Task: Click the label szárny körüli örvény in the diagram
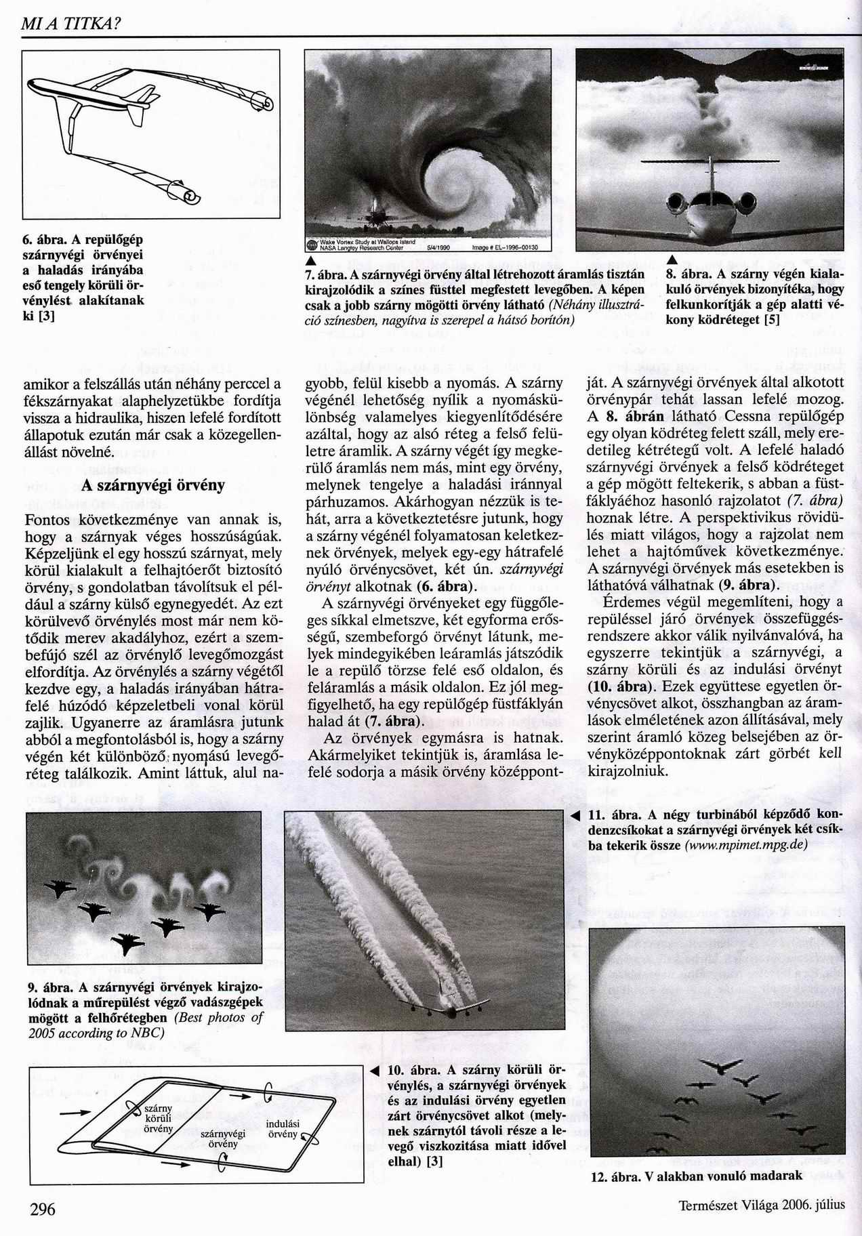[x=159, y=1118]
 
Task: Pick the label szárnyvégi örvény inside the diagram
[x=223, y=1138]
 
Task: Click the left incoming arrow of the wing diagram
[x=73, y=1112]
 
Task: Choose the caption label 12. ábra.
[x=615, y=1177]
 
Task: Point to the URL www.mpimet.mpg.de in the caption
[x=745, y=845]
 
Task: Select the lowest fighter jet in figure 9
[x=128, y=943]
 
